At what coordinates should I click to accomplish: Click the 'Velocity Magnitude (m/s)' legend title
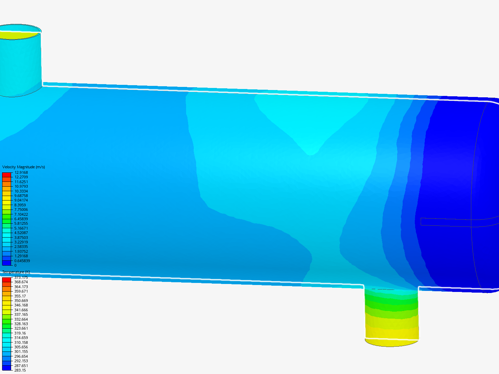tap(24, 167)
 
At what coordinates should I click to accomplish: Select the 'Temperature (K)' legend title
tap(16, 272)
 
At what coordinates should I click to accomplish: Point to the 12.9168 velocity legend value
tap(21, 172)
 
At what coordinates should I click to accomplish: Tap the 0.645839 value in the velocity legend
tap(22, 261)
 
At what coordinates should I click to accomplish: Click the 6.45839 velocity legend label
tap(21, 219)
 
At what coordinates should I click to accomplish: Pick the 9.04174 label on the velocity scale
tap(21, 200)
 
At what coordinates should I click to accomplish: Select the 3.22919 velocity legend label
tap(21, 242)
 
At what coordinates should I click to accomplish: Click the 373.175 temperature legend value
tap(21, 278)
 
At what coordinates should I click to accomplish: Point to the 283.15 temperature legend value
tap(20, 370)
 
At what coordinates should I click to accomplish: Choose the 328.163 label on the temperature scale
tap(21, 324)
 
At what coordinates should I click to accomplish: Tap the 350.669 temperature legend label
tap(21, 301)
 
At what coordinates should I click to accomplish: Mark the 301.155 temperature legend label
tap(21, 351)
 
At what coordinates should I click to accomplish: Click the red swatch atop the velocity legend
tap(7, 175)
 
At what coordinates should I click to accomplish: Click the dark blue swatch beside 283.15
tap(7, 368)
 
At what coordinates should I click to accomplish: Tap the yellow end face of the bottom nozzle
tap(392, 342)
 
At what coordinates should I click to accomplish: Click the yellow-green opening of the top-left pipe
tap(17, 35)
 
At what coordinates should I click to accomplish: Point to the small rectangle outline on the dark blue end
tap(446, 222)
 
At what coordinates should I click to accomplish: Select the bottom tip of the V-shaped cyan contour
tap(310, 154)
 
